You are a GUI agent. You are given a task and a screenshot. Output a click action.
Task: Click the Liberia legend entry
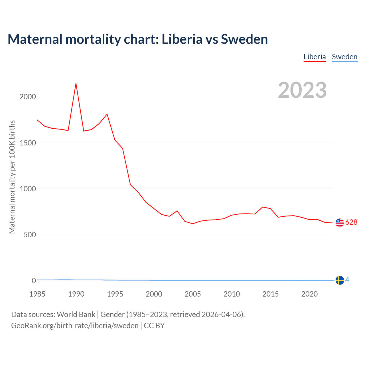click(315, 57)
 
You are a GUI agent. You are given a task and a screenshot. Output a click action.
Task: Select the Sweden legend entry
click(344, 57)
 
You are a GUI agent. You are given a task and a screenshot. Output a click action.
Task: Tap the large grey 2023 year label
click(302, 90)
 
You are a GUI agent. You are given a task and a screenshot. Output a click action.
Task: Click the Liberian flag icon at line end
click(340, 223)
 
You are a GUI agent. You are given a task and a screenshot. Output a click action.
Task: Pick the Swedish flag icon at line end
click(340, 280)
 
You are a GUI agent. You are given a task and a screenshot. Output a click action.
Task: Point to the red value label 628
click(351, 222)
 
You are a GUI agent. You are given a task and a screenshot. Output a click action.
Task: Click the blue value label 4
click(347, 280)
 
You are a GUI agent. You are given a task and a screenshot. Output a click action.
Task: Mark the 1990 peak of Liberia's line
click(76, 84)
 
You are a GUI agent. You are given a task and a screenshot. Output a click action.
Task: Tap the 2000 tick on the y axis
click(28, 97)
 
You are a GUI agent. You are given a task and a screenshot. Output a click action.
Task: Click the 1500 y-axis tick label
click(28, 143)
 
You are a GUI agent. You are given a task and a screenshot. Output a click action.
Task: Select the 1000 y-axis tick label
click(28, 189)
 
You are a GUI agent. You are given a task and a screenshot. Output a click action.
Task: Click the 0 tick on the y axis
click(34, 281)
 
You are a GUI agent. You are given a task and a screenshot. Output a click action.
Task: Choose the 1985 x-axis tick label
click(37, 294)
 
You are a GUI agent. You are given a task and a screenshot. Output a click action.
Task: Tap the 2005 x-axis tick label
click(193, 294)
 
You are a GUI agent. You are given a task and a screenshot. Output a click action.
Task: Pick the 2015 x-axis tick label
click(271, 294)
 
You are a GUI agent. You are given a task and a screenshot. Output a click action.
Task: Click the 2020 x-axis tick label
click(309, 294)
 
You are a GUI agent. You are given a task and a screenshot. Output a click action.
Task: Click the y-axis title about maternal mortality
click(12, 177)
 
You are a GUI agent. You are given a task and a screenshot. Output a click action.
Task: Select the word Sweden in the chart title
click(244, 39)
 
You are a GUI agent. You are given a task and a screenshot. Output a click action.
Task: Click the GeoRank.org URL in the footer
click(75, 326)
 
